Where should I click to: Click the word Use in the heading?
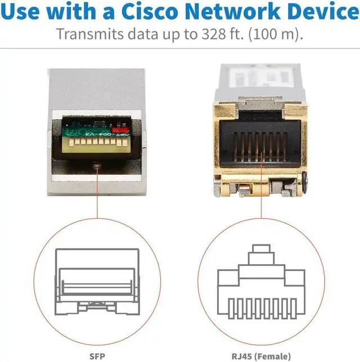(x=26, y=11)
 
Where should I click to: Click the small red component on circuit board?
(x=118, y=130)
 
